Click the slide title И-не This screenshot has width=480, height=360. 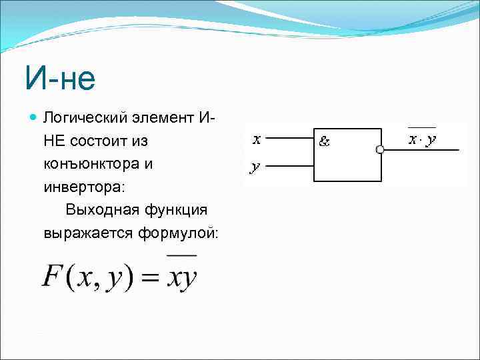tap(60, 79)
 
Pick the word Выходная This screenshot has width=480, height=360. tap(100, 210)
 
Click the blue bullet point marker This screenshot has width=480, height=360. tap(34, 117)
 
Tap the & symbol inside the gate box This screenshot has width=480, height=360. tap(325, 141)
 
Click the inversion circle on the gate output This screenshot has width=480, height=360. tap(380, 150)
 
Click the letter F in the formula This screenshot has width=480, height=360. tap(53, 275)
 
